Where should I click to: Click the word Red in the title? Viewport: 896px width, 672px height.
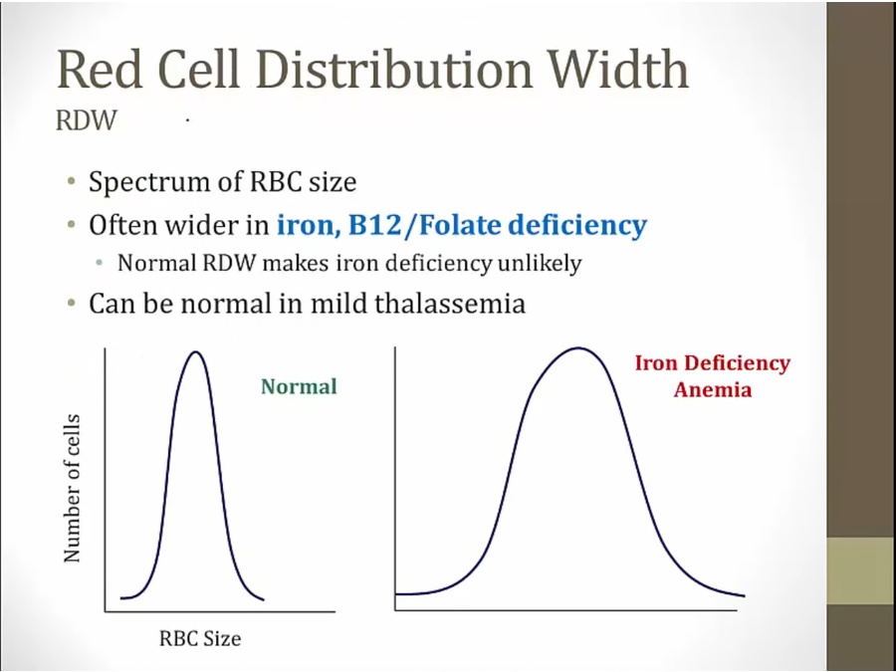(x=98, y=70)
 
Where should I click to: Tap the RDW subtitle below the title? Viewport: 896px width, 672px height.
(x=88, y=120)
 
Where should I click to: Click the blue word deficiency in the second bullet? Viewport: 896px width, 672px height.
(x=577, y=225)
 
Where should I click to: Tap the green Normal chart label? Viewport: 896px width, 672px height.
(x=299, y=386)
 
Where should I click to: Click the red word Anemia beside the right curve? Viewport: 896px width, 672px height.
(x=712, y=389)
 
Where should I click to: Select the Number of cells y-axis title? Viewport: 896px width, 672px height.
(x=72, y=488)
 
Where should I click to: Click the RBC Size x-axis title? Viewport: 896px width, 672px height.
(x=200, y=638)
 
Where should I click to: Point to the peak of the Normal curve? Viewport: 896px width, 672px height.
(x=195, y=352)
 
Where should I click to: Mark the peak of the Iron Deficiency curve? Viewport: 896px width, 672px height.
(x=576, y=348)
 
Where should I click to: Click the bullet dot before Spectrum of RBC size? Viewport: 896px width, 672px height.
(x=72, y=183)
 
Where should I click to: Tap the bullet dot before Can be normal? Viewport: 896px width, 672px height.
(x=72, y=303)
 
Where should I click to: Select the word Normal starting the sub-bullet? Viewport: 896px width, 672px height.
(x=148, y=265)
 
